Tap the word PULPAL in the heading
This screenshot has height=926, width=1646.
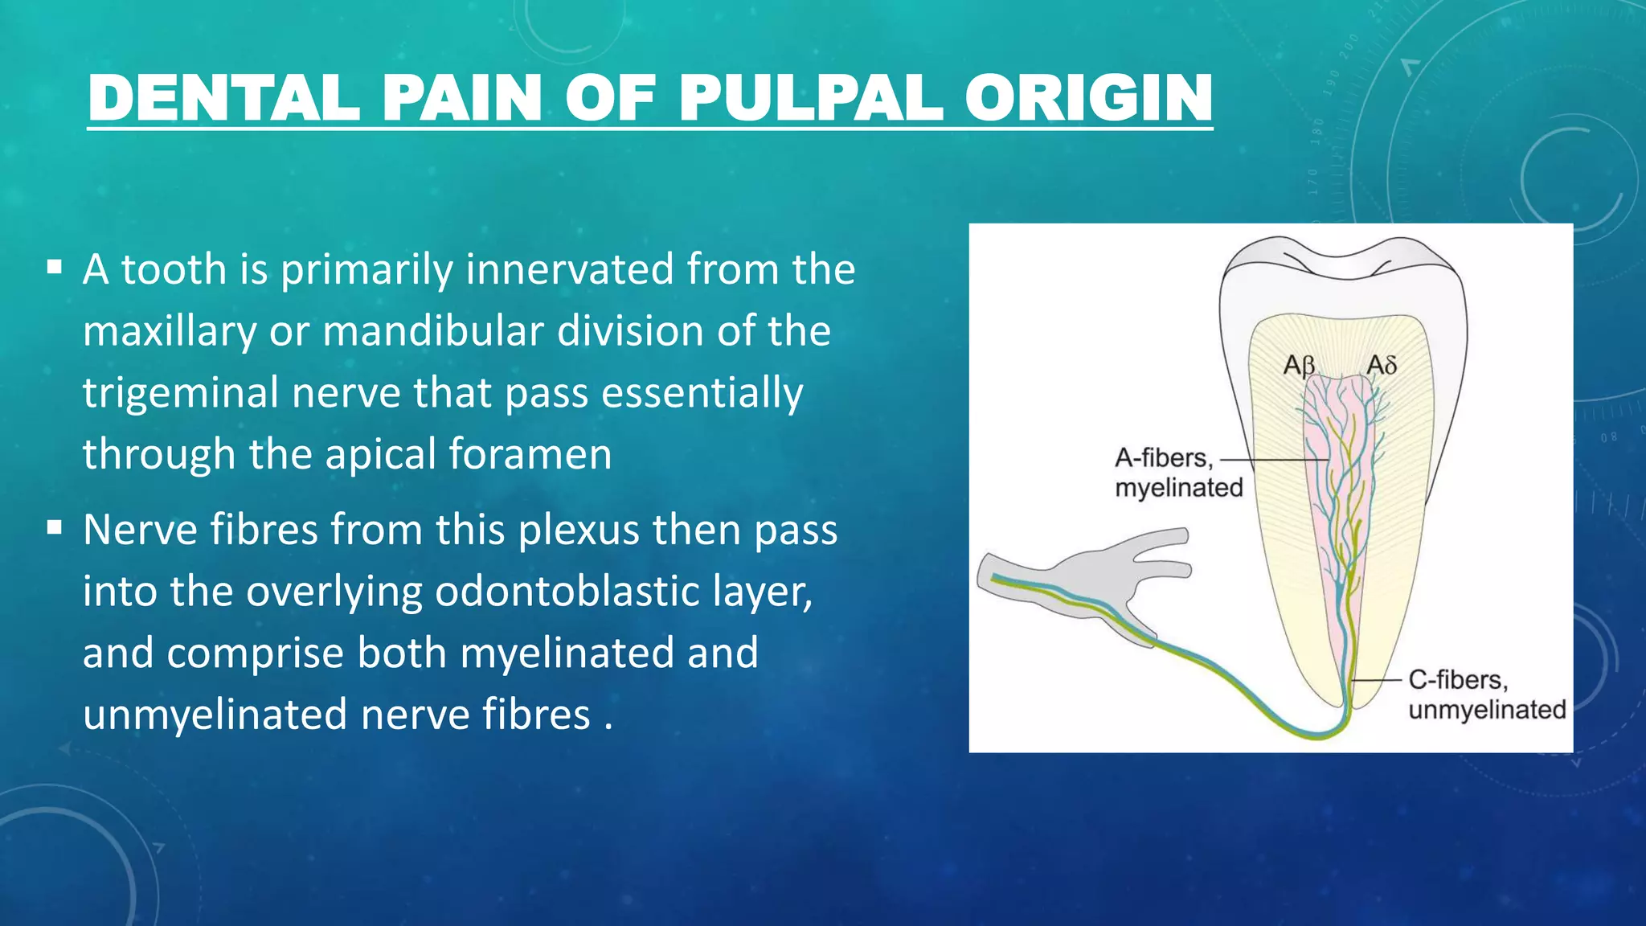click(810, 98)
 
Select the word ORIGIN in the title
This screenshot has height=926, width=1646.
click(1088, 98)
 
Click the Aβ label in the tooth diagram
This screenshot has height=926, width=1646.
click(1299, 366)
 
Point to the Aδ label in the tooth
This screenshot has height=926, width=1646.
click(1382, 366)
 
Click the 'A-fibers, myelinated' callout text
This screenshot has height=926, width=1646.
click(1177, 473)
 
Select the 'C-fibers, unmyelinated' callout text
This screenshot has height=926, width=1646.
click(1485, 694)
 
